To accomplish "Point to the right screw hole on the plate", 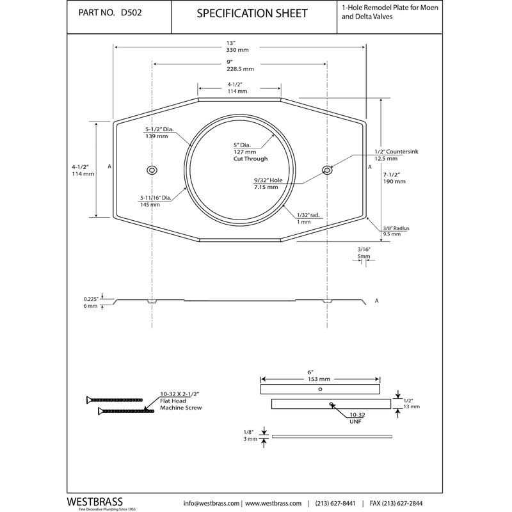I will (327, 170).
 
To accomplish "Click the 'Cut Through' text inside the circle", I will (250, 159).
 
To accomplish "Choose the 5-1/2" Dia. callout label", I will (159, 129).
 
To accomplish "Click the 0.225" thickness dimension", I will (90, 299).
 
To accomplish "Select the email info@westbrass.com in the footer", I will (211, 502).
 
